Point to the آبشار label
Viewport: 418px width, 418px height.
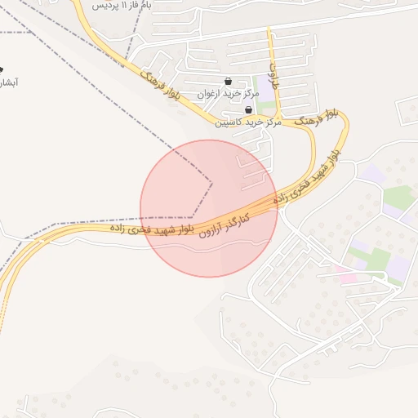7,82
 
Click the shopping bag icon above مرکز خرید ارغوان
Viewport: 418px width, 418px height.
227,82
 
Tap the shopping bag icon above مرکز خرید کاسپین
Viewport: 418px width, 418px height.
248,109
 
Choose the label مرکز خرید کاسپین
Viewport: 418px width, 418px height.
248,122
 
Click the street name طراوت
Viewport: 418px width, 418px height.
274,74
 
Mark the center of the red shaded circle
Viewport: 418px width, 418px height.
209,208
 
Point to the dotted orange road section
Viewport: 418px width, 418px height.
3,310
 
